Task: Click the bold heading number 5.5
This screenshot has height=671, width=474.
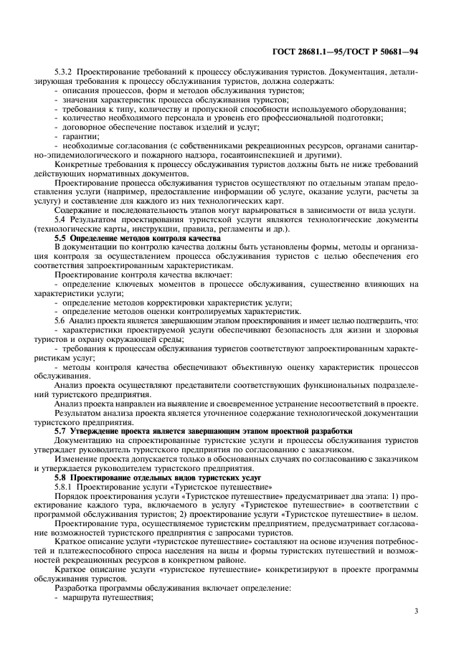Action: tap(62, 236)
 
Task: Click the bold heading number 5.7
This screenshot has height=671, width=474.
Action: tap(62, 430)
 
